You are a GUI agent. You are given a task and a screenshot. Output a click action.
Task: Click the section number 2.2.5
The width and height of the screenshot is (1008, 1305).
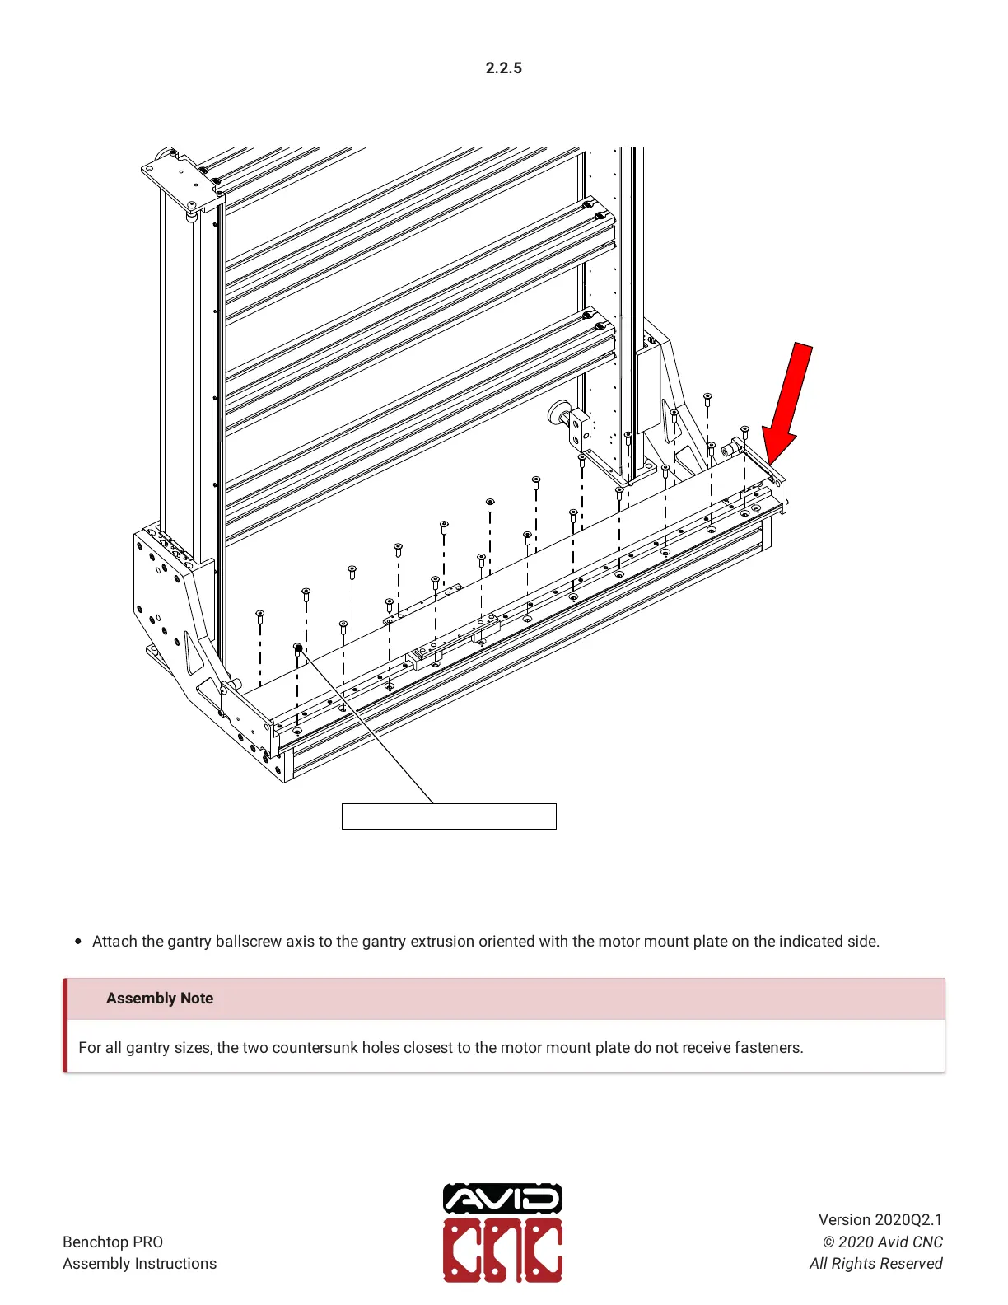click(503, 68)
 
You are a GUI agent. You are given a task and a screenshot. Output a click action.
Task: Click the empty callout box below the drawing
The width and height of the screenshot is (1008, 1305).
click(449, 816)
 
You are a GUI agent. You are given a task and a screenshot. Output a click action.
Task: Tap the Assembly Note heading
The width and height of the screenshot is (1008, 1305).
click(160, 999)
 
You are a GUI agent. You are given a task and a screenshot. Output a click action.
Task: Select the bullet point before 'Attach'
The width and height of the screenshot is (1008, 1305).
click(78, 942)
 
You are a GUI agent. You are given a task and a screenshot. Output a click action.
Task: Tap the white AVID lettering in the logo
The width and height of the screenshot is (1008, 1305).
click(503, 1199)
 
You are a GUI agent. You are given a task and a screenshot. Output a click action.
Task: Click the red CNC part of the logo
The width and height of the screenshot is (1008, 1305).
click(503, 1250)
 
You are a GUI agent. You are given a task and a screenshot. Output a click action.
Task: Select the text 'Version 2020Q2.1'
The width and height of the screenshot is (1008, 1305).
click(880, 1220)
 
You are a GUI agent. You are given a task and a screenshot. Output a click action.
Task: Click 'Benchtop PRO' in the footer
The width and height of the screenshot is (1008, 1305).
click(113, 1242)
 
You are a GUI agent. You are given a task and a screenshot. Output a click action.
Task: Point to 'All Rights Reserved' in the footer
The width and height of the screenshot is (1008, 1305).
click(875, 1264)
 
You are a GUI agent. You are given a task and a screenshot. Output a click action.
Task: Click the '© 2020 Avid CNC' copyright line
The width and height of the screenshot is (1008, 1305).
click(882, 1242)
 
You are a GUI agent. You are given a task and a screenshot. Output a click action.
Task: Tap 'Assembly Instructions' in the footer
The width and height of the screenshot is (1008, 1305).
click(140, 1264)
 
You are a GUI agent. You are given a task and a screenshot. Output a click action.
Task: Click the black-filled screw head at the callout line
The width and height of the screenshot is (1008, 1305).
click(298, 648)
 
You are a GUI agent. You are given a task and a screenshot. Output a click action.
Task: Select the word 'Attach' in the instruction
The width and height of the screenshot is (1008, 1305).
click(114, 942)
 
